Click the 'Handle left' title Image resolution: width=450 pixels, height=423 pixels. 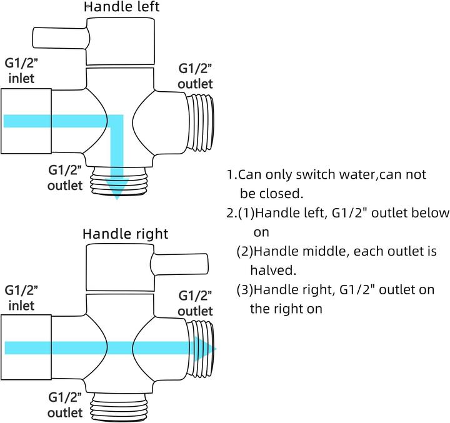pyautogui.click(x=122, y=7)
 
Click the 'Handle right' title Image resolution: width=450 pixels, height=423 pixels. pyautogui.click(x=126, y=234)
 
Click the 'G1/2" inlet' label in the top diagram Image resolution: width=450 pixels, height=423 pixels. pyautogui.click(x=21, y=71)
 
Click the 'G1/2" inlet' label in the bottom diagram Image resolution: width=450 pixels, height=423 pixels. pyautogui.click(x=21, y=298)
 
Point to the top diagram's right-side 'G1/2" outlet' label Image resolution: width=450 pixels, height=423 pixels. pyautogui.click(x=195, y=76)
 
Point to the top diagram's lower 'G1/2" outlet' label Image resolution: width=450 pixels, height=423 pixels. pyautogui.click(x=65, y=177)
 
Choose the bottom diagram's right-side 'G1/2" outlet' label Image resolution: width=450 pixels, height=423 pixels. pyautogui.click(x=195, y=303)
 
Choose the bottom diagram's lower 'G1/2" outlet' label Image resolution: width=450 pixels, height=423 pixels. pyautogui.click(x=65, y=405)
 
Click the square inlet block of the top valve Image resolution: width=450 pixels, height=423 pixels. pyautogui.click(x=26, y=121)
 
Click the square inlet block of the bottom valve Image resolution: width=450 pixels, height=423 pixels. pyautogui.click(x=26, y=347)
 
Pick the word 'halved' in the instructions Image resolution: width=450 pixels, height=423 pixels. pyautogui.click(x=272, y=271)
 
